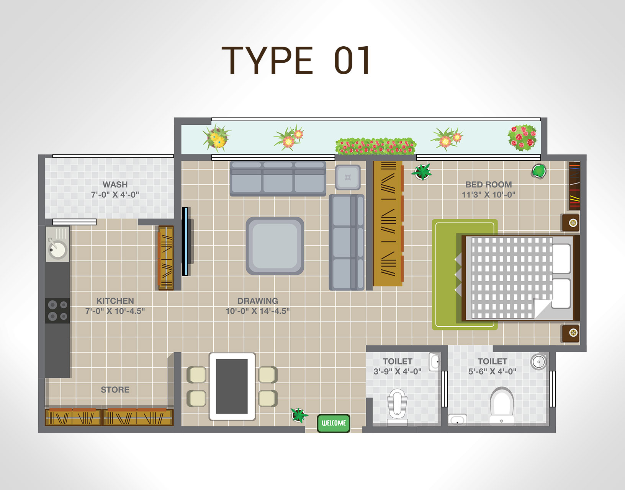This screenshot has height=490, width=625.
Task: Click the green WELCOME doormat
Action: click(x=333, y=423)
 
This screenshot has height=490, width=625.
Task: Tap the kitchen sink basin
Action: click(x=57, y=249)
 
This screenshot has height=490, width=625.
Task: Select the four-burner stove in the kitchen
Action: click(x=57, y=311)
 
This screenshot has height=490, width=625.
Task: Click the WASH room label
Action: click(x=115, y=184)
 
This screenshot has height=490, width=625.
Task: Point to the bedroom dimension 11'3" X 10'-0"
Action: click(x=488, y=195)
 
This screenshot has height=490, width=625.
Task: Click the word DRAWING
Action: click(x=258, y=301)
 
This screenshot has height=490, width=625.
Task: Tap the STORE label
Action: click(x=115, y=390)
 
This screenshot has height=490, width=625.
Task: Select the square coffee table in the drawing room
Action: click(x=275, y=246)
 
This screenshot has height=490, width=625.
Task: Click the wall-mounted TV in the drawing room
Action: click(x=185, y=241)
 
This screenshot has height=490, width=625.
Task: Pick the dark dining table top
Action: click(x=232, y=386)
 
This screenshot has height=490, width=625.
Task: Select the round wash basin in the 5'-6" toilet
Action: click(x=538, y=362)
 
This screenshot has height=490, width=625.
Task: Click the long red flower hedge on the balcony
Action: click(x=376, y=146)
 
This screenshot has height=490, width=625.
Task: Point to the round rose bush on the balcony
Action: click(x=522, y=138)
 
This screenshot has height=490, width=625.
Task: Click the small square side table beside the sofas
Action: click(x=348, y=177)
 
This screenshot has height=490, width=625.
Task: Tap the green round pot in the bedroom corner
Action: click(x=539, y=171)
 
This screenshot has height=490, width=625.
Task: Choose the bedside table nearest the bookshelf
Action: click(x=571, y=223)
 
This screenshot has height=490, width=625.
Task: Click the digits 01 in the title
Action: click(x=352, y=60)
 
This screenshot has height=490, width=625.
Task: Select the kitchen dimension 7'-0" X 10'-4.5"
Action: click(x=115, y=311)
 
